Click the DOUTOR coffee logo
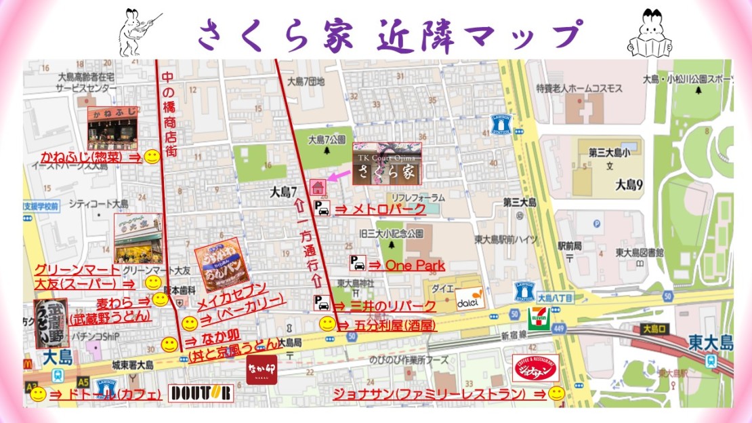pos(201,392)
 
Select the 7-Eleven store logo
pos(538,318)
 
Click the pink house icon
pos(316,186)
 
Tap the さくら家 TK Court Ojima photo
pos(387,163)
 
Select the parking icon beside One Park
pos(357,263)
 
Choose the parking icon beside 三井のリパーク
pos(321,302)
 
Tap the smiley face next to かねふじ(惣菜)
pos(153,157)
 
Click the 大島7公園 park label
pos(327,140)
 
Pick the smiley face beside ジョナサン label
pos(557,393)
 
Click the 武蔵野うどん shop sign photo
pos(51,323)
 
